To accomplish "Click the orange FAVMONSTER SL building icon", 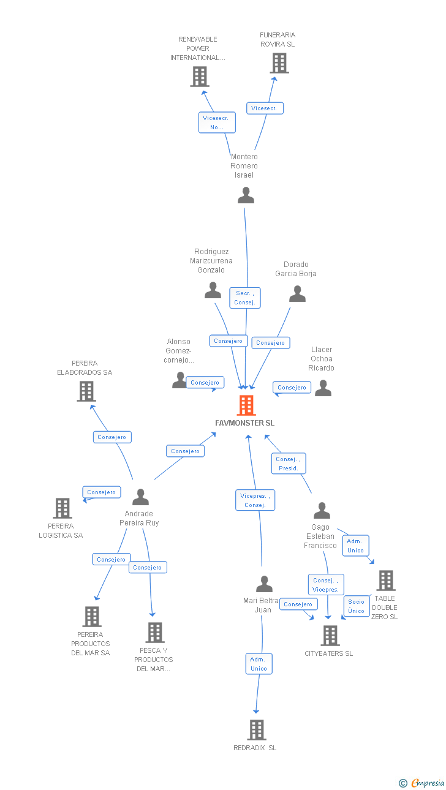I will pyautogui.click(x=246, y=405).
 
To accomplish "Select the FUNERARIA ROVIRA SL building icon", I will pyautogui.click(x=279, y=63).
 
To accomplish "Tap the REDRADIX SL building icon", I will pyautogui.click(x=257, y=730).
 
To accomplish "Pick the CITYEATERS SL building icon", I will pyautogui.click(x=330, y=636).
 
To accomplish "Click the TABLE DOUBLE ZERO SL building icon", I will pyautogui.click(x=385, y=580).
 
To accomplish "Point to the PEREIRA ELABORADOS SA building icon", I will pyautogui.click(x=86, y=391).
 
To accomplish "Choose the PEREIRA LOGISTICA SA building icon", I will pyautogui.click(x=62, y=508).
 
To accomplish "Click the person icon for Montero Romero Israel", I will pyautogui.click(x=246, y=195).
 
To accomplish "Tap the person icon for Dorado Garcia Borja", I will pyautogui.click(x=297, y=295).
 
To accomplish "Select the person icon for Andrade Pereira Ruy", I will pyautogui.click(x=140, y=497).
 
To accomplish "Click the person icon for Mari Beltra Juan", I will pyautogui.click(x=264, y=584).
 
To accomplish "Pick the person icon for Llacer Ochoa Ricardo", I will pyautogui.click(x=323, y=388).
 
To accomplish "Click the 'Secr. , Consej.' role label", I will pyautogui.click(x=245, y=298).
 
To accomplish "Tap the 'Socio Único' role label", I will pyautogui.click(x=357, y=606).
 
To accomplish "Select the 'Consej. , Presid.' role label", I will pyautogui.click(x=289, y=464).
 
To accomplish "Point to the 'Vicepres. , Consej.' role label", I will pyautogui.click(x=255, y=500).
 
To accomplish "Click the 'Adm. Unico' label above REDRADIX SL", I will pyautogui.click(x=259, y=664).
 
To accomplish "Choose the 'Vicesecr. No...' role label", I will pyautogui.click(x=217, y=122).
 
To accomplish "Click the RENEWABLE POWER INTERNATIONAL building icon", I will pyautogui.click(x=200, y=77).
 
